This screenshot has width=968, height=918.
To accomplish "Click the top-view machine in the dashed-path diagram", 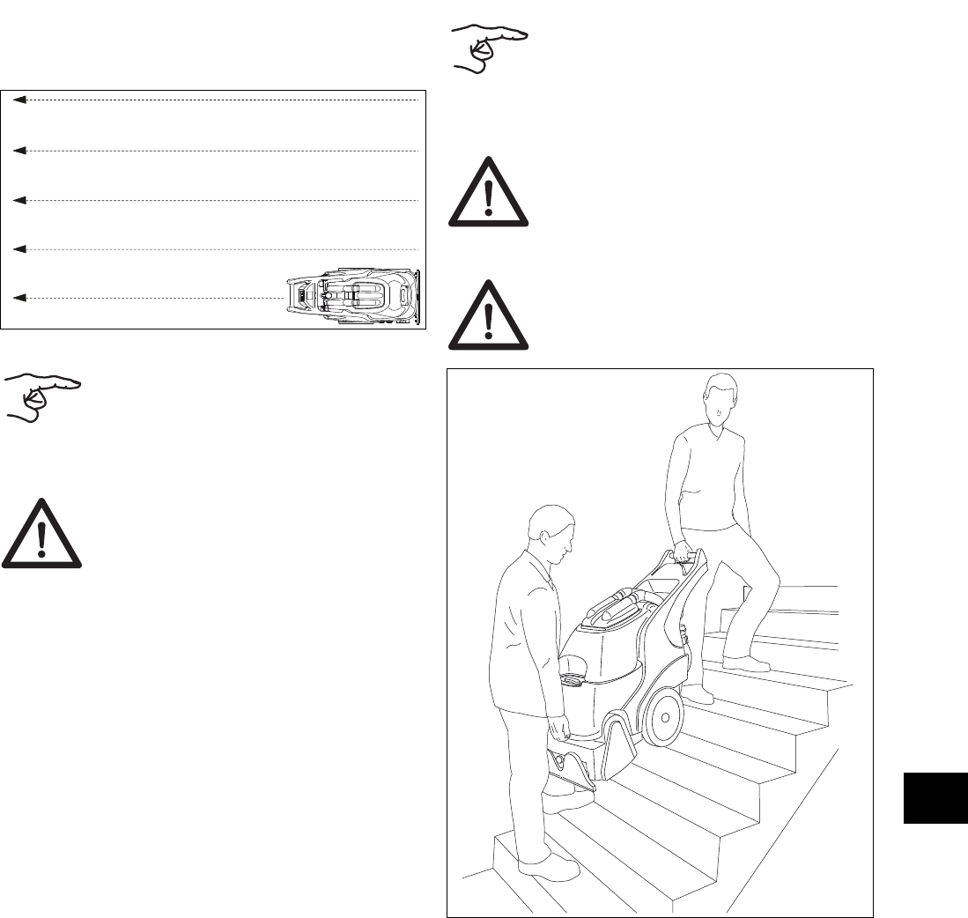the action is click(357, 297).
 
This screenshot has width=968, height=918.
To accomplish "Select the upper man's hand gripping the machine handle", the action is click(680, 552).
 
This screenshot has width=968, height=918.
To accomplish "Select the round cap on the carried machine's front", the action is click(572, 677).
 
